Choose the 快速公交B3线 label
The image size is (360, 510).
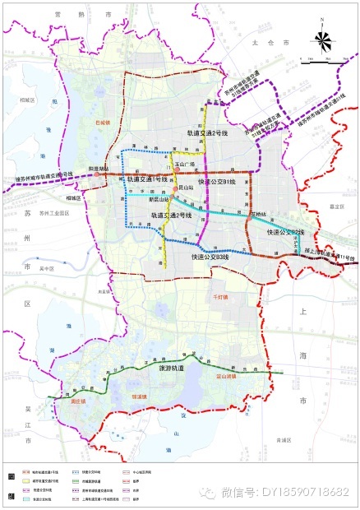coord(210,257)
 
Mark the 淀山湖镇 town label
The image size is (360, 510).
coord(224,374)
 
